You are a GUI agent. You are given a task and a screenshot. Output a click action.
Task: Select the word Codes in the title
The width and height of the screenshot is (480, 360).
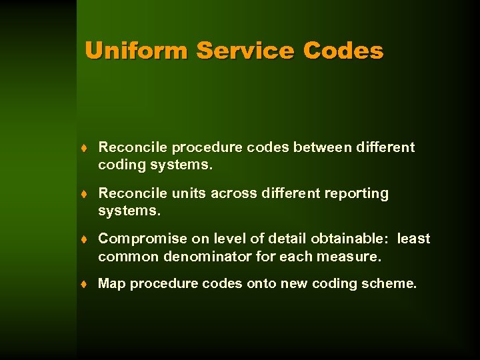343,51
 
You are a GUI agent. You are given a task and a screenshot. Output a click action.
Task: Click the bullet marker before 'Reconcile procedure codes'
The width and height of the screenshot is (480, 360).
87,148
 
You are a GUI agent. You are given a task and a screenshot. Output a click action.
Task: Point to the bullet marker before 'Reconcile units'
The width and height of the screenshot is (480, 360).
87,194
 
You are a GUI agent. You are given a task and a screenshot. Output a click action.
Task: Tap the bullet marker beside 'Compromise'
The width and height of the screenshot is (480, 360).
87,239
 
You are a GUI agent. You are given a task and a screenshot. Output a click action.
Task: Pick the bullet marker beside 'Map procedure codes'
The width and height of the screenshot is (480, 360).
87,284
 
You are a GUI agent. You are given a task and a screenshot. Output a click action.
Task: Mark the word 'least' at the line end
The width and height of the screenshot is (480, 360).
413,239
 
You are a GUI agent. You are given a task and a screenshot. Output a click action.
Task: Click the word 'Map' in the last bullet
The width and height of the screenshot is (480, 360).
111,283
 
